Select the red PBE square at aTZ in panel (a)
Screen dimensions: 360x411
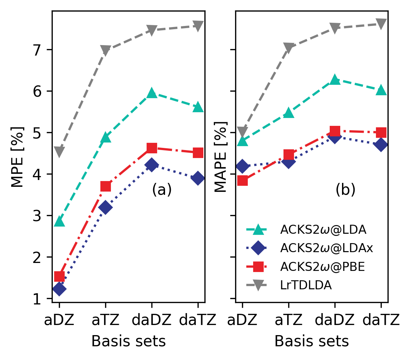click(105, 186)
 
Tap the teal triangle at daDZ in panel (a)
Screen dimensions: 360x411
click(152, 93)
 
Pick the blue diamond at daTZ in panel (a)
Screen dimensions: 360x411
click(198, 178)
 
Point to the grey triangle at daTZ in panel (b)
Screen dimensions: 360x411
click(381, 24)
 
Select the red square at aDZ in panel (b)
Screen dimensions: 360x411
click(242, 180)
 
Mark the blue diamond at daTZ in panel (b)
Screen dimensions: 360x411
click(381, 145)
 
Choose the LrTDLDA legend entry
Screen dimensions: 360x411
click(306, 285)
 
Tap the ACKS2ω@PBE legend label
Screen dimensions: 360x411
click(323, 267)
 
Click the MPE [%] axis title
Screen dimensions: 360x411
click(17, 157)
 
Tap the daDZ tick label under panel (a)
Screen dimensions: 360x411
click(152, 320)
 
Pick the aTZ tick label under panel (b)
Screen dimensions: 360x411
click(289, 320)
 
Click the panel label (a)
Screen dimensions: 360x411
click(162, 190)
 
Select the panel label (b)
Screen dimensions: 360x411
click(345, 190)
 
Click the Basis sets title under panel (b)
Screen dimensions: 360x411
click(312, 341)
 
